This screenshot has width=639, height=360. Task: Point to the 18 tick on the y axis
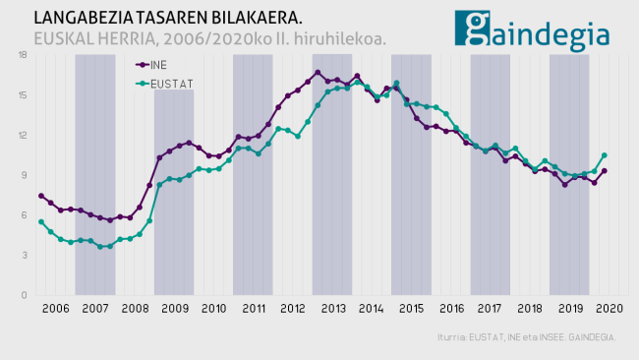[23, 55]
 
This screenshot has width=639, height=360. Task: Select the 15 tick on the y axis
[23, 95]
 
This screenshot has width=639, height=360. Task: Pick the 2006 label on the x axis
[55, 309]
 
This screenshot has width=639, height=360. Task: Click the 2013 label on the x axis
[332, 309]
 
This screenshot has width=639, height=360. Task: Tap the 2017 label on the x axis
[490, 309]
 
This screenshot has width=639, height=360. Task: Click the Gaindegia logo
[532, 30]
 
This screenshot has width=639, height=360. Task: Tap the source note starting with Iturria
[527, 337]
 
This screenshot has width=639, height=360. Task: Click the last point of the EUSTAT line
[604, 155]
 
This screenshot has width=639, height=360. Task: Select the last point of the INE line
[604, 171]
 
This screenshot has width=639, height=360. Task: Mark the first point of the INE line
[41, 196]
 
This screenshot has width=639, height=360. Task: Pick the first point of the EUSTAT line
[41, 222]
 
